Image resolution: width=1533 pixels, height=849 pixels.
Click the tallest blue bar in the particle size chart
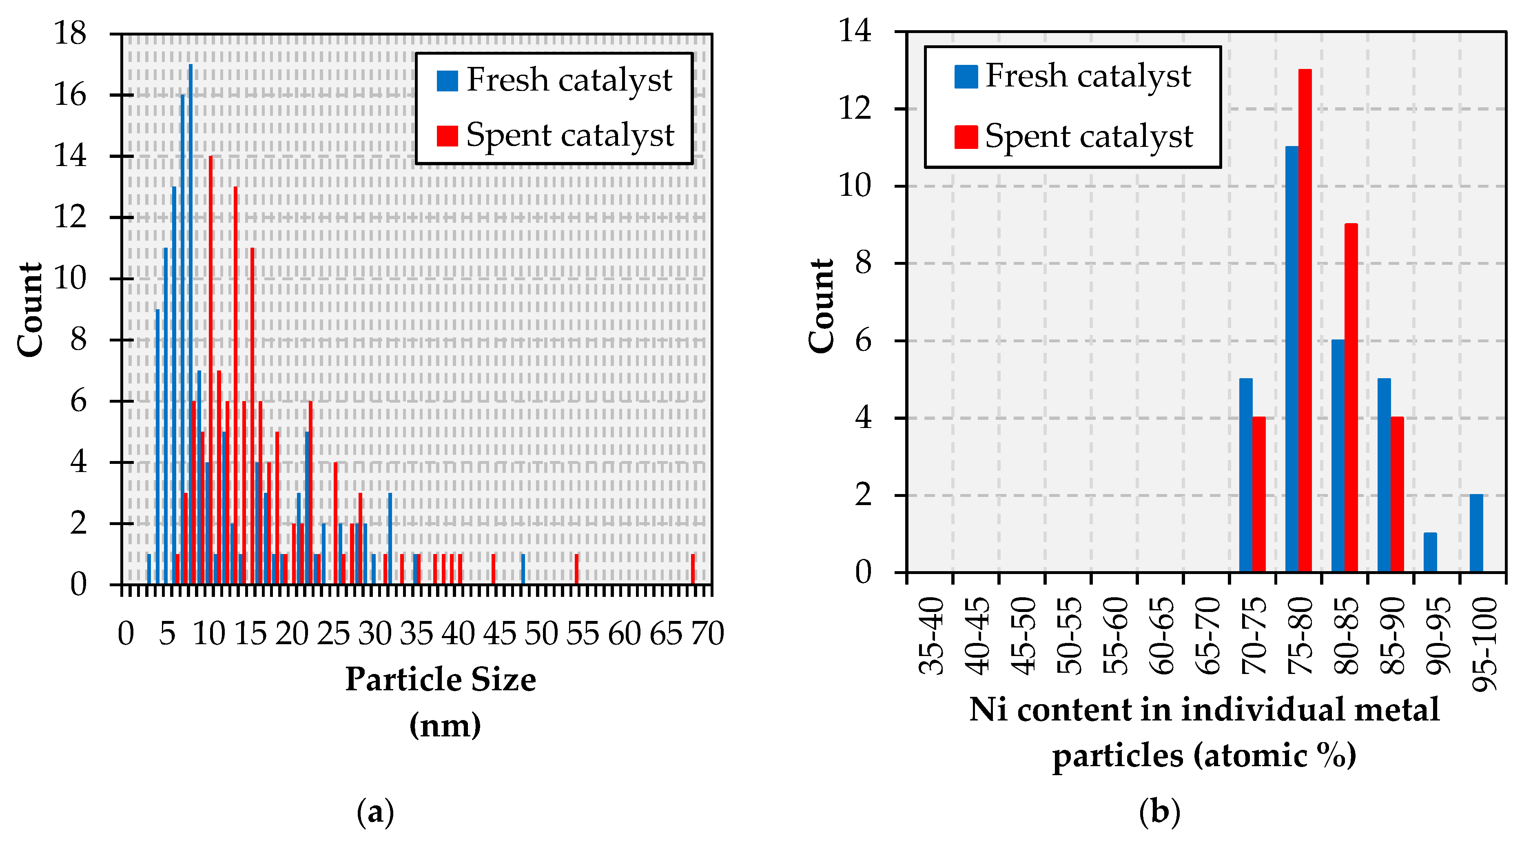coord(191,324)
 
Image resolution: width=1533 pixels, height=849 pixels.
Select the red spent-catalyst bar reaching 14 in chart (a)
coord(210,369)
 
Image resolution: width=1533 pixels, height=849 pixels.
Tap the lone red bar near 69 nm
coord(693,569)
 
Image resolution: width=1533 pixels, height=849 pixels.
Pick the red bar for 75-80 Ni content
coord(1305,321)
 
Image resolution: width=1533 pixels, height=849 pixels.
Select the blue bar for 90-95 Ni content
coord(1430,552)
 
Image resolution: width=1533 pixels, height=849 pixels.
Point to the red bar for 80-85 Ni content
coord(1351,398)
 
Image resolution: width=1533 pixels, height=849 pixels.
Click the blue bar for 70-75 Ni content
coord(1245,475)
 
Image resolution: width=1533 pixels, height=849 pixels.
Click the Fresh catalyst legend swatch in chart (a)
coord(447,80)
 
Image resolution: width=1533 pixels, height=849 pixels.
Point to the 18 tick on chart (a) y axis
coord(70,33)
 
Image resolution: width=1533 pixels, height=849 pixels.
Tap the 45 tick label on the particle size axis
coord(499,634)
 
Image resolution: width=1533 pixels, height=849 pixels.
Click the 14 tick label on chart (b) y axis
coord(855,31)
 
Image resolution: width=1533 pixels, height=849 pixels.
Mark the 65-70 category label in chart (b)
coord(1208,636)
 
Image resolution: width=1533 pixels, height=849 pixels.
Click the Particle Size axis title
coord(441,679)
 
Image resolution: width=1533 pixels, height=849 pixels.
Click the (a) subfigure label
coord(375,811)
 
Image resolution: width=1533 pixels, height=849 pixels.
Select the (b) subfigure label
coord(1159,811)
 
